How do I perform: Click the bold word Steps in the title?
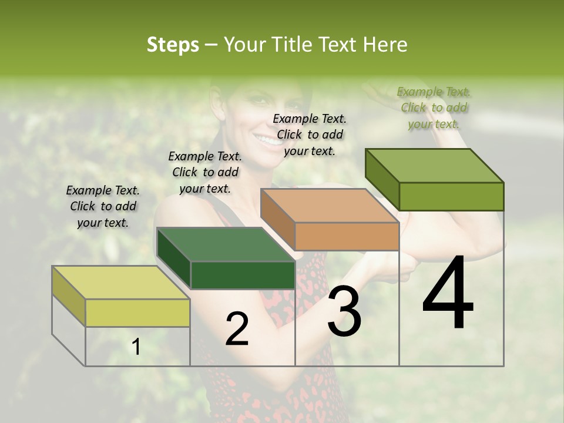(173, 45)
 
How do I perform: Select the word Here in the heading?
(385, 45)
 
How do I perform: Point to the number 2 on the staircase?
(237, 329)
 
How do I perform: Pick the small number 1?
(136, 347)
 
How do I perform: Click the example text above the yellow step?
(103, 206)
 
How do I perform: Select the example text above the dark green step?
(205, 172)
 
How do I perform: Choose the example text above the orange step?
(310, 135)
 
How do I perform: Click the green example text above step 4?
(434, 108)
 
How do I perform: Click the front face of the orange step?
(347, 237)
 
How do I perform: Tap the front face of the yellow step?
(137, 313)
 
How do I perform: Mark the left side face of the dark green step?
(174, 258)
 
